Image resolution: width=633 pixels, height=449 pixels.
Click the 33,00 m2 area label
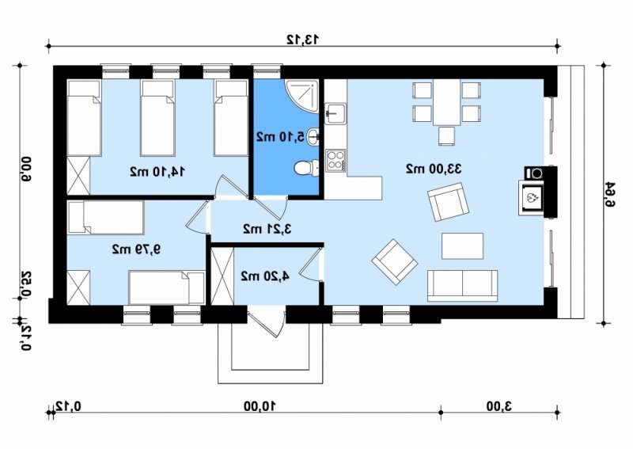click(x=433, y=169)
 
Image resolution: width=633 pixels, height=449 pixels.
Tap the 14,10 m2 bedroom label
click(x=157, y=171)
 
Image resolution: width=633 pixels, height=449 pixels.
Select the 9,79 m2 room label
click(x=136, y=249)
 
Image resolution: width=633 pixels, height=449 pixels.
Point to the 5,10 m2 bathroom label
click(x=281, y=136)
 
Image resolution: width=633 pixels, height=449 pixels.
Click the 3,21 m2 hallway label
click(x=267, y=229)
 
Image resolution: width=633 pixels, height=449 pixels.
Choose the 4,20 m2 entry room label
click(x=265, y=276)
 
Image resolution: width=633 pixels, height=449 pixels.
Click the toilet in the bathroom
click(x=307, y=168)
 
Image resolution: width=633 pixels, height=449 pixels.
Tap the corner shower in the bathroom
click(x=302, y=96)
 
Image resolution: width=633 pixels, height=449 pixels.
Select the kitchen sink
click(x=335, y=112)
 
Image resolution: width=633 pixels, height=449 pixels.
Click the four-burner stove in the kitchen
click(x=335, y=160)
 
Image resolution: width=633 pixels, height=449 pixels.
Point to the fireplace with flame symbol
click(x=532, y=198)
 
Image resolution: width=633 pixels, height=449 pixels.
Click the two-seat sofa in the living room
click(x=463, y=286)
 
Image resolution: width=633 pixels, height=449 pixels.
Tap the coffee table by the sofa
click(x=463, y=245)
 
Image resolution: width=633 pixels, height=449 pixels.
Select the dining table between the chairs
click(x=447, y=102)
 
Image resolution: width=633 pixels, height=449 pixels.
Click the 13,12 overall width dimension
click(x=303, y=40)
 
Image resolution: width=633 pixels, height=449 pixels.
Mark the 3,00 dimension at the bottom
click(x=499, y=405)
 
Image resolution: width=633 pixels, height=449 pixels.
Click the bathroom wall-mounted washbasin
click(x=313, y=136)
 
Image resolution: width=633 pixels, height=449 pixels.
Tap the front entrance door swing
click(x=267, y=323)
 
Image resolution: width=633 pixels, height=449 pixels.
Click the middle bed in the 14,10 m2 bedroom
click(x=157, y=118)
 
